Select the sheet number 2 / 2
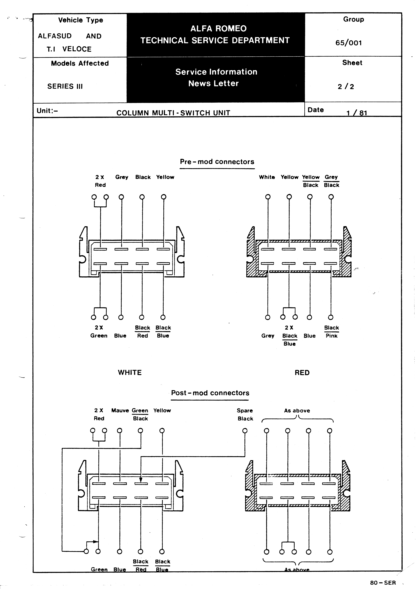[346, 87]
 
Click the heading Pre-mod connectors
[217, 162]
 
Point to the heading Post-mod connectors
[210, 393]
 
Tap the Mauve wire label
[120, 410]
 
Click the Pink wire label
[332, 336]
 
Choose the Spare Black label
[245, 414]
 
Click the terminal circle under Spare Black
[245, 431]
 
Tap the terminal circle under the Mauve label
[120, 431]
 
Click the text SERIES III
[65, 86]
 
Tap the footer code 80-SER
[383, 583]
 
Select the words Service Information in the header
[216, 72]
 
